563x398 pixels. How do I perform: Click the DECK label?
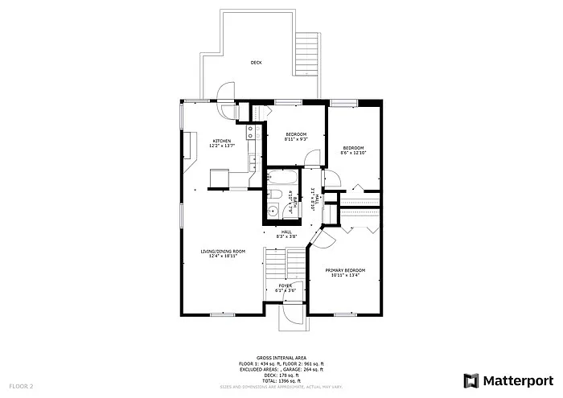(256, 62)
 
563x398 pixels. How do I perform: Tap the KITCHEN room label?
(221, 141)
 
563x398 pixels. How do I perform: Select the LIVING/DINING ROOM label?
(223, 251)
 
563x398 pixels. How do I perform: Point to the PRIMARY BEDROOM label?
(346, 270)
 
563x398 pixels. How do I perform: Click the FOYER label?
(285, 285)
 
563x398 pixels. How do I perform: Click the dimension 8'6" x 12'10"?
(354, 153)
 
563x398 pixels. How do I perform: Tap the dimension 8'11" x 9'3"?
(295, 138)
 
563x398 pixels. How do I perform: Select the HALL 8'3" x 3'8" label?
(286, 233)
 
